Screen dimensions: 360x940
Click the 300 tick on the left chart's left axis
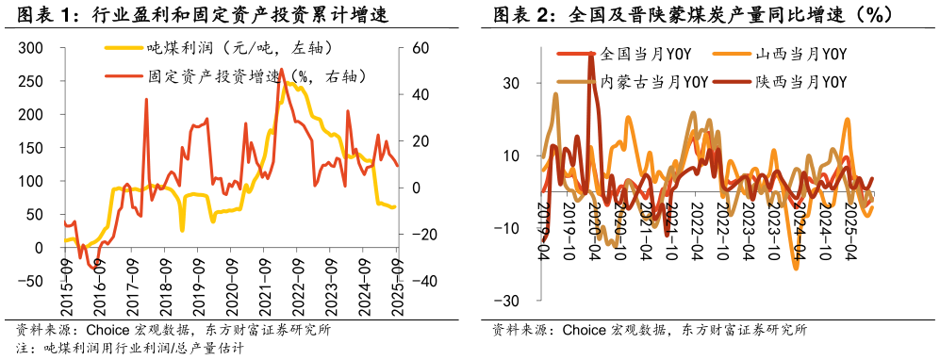coord(30,48)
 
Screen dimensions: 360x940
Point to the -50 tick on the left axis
coord(30,281)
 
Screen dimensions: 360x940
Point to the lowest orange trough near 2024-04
coord(796,269)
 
